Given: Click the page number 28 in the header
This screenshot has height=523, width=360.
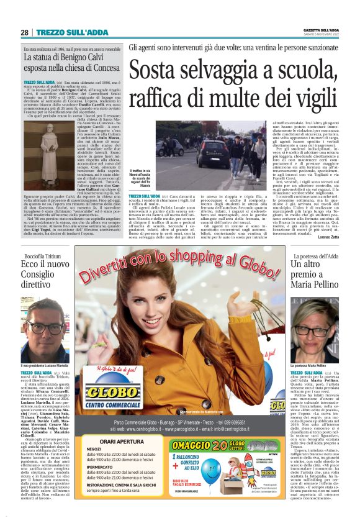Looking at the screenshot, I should (x=24, y=32).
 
